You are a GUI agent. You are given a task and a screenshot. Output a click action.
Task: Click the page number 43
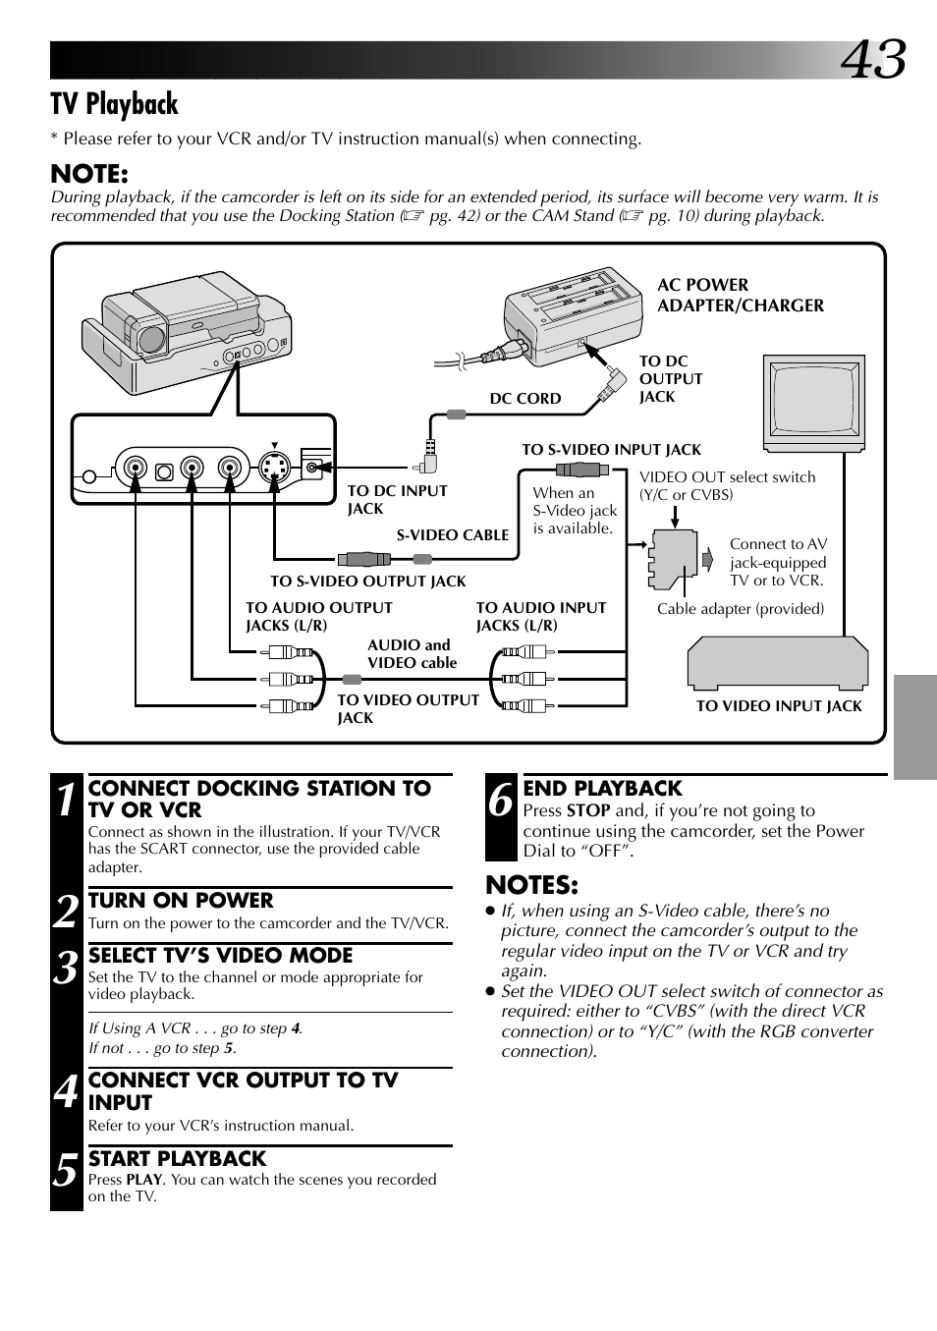872,60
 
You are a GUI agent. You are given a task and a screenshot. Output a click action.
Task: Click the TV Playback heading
115,104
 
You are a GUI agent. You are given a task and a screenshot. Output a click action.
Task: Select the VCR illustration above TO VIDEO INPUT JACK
778,664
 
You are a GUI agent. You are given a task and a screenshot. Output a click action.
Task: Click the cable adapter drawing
674,559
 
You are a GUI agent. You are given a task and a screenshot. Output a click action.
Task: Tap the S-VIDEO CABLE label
453,535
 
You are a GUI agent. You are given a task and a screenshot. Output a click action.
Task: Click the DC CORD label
525,399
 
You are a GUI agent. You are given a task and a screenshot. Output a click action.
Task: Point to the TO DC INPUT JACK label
397,499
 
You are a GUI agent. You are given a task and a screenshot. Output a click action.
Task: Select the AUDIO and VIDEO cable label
412,654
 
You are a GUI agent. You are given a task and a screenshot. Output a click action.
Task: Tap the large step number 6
501,800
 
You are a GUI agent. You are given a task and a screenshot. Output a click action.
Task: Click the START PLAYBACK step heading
177,1159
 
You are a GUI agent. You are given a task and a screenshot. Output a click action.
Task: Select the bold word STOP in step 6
588,811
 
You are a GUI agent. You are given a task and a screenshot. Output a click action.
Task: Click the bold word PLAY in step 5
143,1180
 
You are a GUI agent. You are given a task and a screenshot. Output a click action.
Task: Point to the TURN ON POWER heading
181,901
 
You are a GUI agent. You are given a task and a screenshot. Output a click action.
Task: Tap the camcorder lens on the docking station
151,340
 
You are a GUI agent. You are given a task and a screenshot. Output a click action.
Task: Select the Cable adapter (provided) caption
741,609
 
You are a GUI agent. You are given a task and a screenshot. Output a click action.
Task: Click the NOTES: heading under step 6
532,885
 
